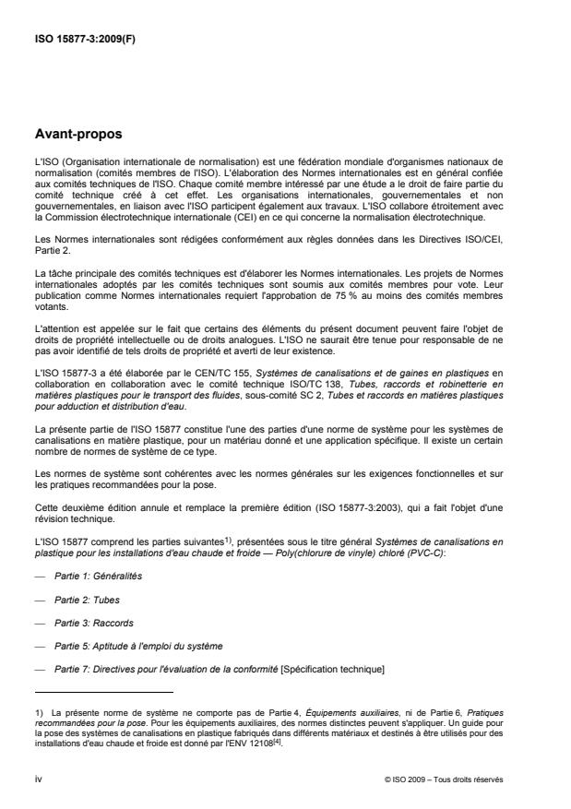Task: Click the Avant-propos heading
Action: click(78, 135)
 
